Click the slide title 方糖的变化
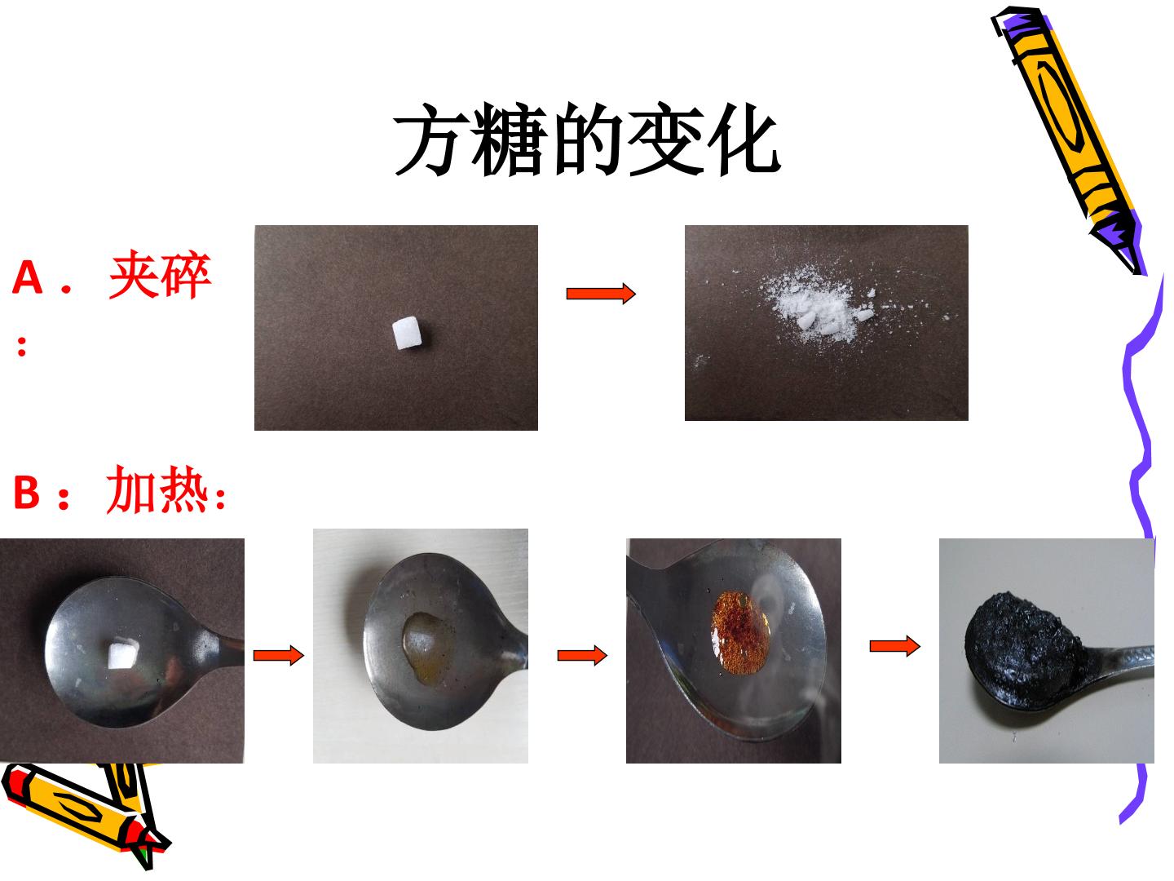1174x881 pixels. tap(587, 139)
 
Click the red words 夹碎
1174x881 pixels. tap(160, 274)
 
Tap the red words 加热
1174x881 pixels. tap(157, 489)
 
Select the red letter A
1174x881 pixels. tap(27, 277)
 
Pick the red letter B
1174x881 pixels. tap(26, 492)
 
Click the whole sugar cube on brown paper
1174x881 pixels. tap(408, 333)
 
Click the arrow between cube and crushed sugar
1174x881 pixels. tap(601, 293)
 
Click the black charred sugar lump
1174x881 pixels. tap(1019, 645)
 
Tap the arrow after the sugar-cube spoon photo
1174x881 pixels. tap(279, 655)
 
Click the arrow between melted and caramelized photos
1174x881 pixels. tap(582, 655)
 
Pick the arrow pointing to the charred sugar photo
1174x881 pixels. tap(895, 646)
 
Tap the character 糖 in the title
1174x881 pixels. tap(510, 139)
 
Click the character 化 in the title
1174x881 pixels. tap(743, 139)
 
